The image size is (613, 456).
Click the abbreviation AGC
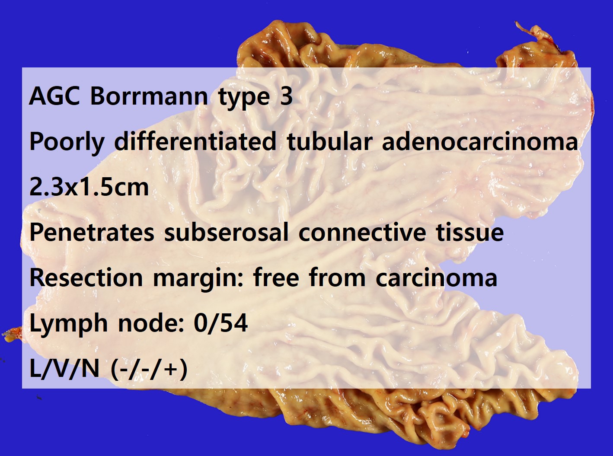click(54, 96)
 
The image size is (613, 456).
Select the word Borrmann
click(149, 96)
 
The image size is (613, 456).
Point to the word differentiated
click(195, 141)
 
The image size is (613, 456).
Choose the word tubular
click(329, 141)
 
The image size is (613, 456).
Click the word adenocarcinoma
click(480, 141)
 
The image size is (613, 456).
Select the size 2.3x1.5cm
click(89, 187)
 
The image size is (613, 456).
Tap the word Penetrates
click(92, 232)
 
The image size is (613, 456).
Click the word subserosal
click(226, 232)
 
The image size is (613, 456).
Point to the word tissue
click(470, 232)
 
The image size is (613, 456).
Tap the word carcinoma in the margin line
click(436, 278)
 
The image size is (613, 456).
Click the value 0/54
click(220, 323)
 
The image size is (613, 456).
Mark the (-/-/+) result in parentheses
click(149, 369)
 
